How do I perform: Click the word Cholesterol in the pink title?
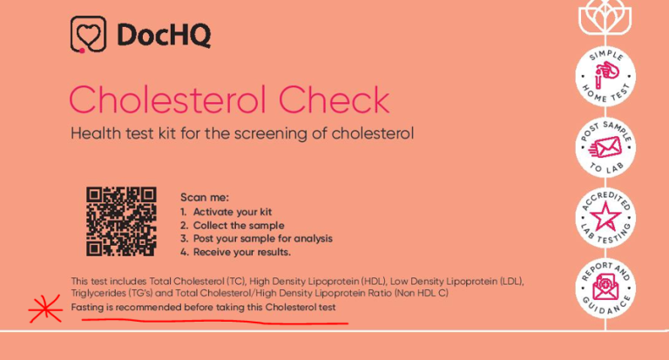174,99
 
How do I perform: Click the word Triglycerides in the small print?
100,295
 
